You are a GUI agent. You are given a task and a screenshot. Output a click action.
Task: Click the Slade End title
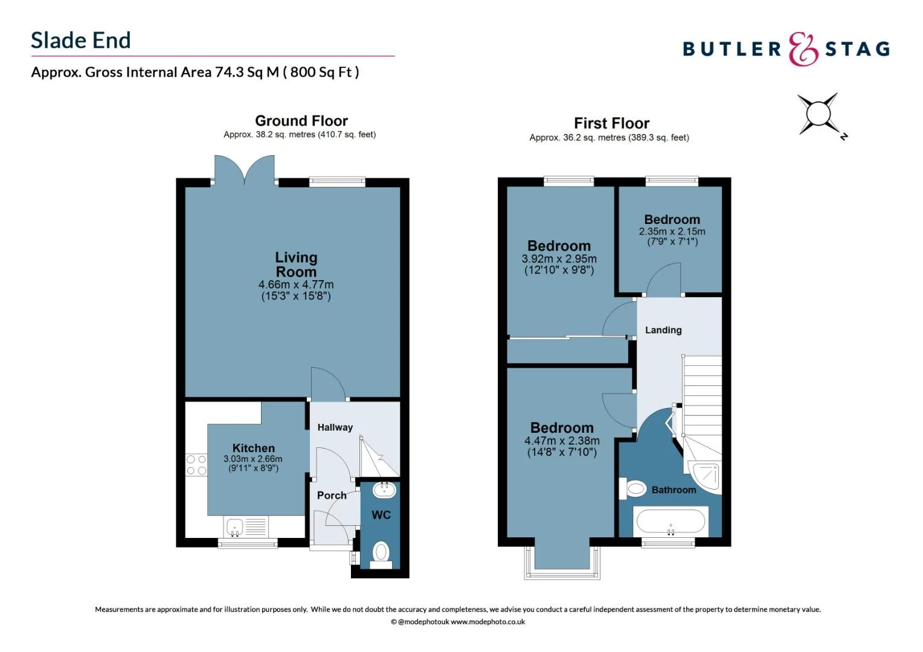point(81,40)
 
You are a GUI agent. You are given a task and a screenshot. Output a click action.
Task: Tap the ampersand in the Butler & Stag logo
point(803,49)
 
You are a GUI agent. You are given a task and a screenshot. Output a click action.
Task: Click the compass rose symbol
point(818,113)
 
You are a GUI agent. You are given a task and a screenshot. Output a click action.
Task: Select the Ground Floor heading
point(301,121)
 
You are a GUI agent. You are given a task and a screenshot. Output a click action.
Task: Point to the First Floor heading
point(611,123)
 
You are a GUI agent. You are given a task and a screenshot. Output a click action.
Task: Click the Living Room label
point(296,264)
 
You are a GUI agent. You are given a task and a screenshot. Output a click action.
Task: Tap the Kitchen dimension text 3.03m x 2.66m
point(253,459)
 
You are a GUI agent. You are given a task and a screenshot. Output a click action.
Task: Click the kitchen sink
point(235,526)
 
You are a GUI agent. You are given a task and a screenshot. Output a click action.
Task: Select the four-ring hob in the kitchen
point(196,465)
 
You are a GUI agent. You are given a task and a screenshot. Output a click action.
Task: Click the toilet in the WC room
point(381,552)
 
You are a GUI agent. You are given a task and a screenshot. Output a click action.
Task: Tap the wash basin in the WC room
point(384,489)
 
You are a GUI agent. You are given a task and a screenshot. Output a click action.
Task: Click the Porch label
point(332,496)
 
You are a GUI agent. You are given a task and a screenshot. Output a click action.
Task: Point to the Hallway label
point(335,427)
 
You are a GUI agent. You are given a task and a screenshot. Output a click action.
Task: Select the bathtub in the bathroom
point(670,521)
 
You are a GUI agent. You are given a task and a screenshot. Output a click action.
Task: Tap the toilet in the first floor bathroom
point(634,488)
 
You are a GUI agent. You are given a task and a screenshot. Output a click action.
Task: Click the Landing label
point(663,330)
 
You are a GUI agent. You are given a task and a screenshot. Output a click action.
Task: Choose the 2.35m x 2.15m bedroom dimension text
point(672,231)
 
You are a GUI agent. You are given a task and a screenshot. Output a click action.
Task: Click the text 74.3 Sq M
point(247,72)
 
